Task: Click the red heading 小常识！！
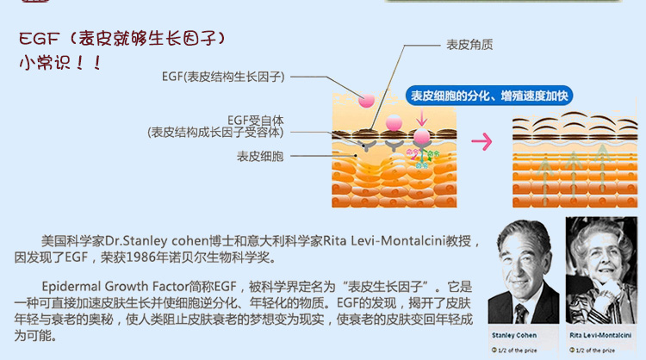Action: click(60, 64)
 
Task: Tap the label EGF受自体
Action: click(255, 120)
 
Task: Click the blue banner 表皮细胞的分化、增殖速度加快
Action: click(489, 96)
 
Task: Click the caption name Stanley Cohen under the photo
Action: click(513, 334)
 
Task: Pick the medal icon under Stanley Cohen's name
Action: click(494, 351)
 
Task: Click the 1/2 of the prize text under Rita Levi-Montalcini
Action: click(596, 351)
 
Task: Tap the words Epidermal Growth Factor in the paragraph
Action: click(115, 286)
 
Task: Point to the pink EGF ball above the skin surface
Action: click(366, 101)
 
